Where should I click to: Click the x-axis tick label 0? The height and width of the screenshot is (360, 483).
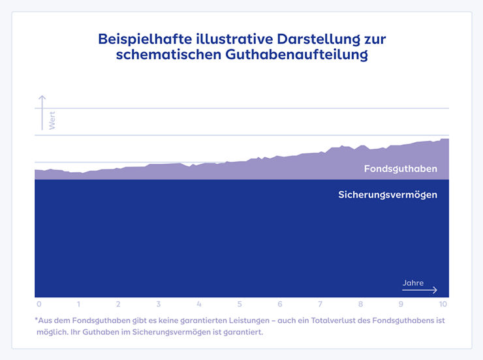[x=39, y=305]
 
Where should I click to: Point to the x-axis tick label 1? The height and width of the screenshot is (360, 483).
[x=78, y=305]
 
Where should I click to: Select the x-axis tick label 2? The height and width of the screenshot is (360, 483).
[x=118, y=305]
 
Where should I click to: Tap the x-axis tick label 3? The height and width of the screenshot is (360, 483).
[x=159, y=305]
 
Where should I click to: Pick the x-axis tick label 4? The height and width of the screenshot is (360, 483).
[x=199, y=305]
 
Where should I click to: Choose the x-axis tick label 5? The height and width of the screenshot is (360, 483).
[x=240, y=305]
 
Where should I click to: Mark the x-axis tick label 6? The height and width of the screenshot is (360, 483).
[x=280, y=305]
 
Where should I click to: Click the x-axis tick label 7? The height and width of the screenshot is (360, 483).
[x=320, y=305]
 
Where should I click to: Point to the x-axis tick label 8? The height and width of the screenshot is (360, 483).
[x=360, y=305]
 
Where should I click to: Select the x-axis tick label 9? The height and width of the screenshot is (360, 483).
[x=401, y=305]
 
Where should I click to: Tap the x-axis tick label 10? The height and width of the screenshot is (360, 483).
[x=443, y=305]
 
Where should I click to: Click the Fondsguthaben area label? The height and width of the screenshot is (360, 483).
[x=400, y=169]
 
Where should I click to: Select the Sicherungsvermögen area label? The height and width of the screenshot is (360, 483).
[x=388, y=194]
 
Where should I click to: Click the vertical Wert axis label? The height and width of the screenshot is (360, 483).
[x=52, y=121]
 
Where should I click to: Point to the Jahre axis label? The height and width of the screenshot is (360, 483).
[x=413, y=283]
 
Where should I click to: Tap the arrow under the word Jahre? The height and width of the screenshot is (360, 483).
[x=420, y=290]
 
